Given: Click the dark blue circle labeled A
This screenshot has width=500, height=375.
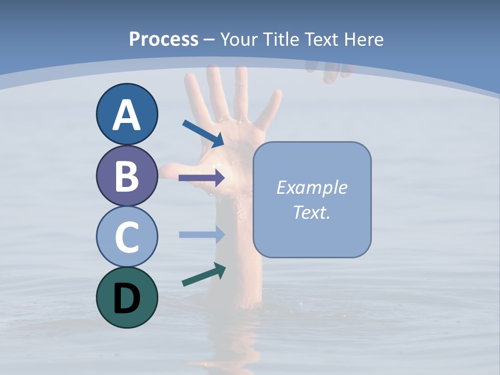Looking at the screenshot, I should (x=127, y=114).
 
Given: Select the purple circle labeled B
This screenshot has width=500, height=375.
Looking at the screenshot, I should (x=127, y=176).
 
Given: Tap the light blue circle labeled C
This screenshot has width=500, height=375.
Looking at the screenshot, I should (x=127, y=236).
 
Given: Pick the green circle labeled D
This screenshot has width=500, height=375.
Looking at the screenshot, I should (x=127, y=297).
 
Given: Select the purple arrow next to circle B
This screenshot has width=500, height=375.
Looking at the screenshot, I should (x=201, y=178).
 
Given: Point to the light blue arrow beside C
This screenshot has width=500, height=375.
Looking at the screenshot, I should (x=201, y=234).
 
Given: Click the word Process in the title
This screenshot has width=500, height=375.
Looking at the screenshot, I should (x=164, y=39).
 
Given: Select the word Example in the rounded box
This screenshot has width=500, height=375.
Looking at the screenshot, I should (x=311, y=187).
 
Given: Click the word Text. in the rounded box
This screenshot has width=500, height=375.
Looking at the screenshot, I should (x=311, y=212).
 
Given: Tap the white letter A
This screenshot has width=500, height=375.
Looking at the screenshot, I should (x=127, y=115).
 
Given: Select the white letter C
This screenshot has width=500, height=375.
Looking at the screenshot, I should (x=127, y=237).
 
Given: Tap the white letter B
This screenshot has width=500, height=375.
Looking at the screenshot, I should (x=127, y=176).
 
